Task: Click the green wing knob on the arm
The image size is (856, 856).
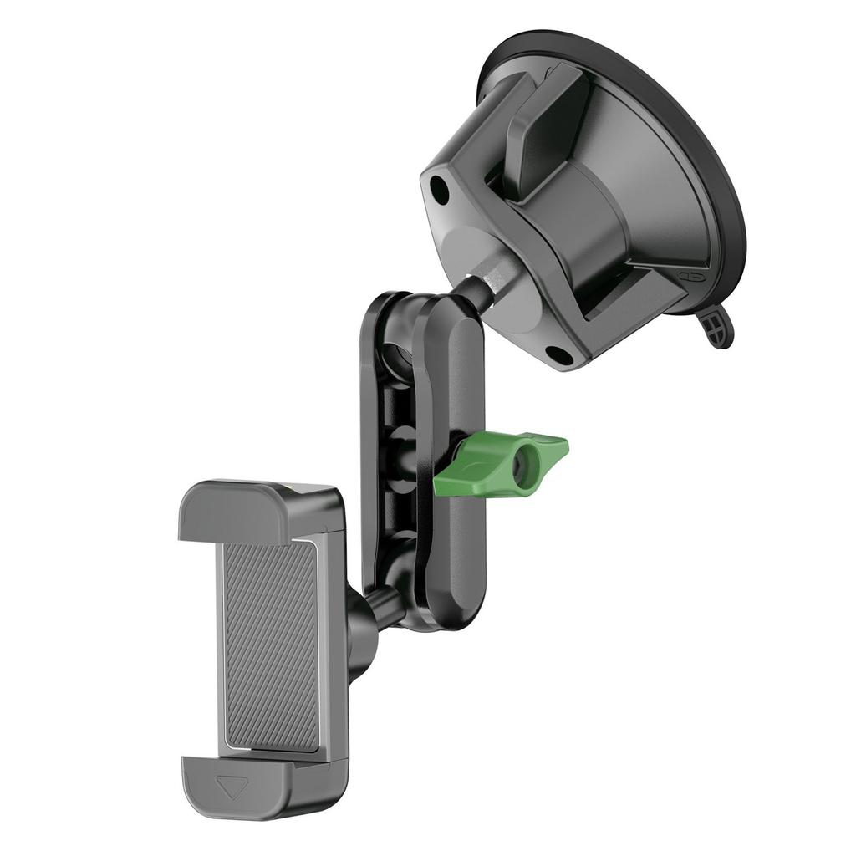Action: pos(502,462)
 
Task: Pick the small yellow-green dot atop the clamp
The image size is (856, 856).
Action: pos(290,486)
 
